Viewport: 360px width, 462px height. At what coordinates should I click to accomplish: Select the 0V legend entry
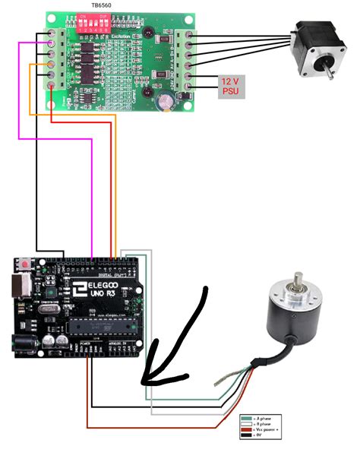[x=261, y=438]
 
